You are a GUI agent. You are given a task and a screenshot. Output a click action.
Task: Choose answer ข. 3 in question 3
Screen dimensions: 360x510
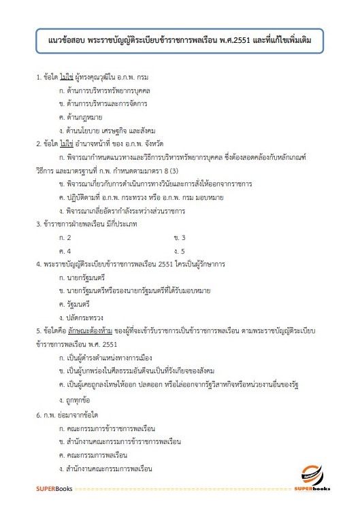pyautogui.click(x=180, y=237)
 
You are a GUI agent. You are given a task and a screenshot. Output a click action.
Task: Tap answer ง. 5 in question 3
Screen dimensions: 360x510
pyautogui.click(x=180, y=250)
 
